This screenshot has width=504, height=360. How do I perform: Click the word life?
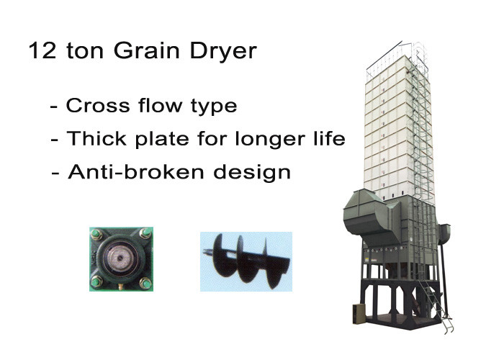pyautogui.click(x=325, y=139)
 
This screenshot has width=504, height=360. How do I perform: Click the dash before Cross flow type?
pyautogui.click(x=55, y=107)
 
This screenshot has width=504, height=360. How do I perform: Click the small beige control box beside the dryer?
pyautogui.click(x=358, y=313)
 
